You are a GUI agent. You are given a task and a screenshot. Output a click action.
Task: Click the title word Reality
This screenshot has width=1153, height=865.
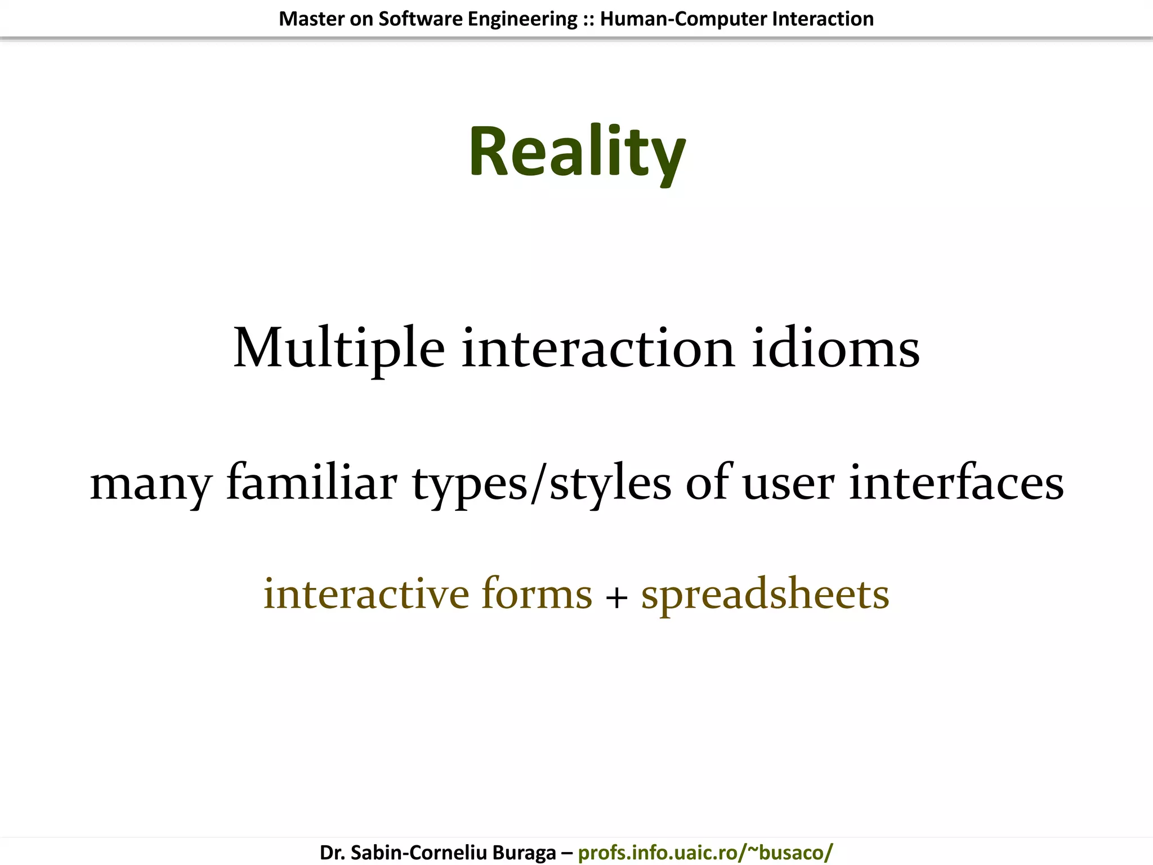click(x=576, y=152)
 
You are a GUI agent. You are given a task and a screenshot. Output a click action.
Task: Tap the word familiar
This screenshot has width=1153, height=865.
click(x=312, y=483)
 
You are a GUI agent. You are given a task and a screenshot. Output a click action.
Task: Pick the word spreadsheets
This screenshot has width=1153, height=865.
click(x=765, y=594)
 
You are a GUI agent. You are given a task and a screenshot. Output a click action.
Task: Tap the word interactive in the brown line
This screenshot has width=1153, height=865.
click(x=366, y=594)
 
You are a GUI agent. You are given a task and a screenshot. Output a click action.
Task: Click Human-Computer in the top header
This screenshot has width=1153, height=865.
click(x=683, y=19)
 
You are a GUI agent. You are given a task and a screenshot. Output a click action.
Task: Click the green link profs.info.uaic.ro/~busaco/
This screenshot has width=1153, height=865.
click(x=705, y=852)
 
